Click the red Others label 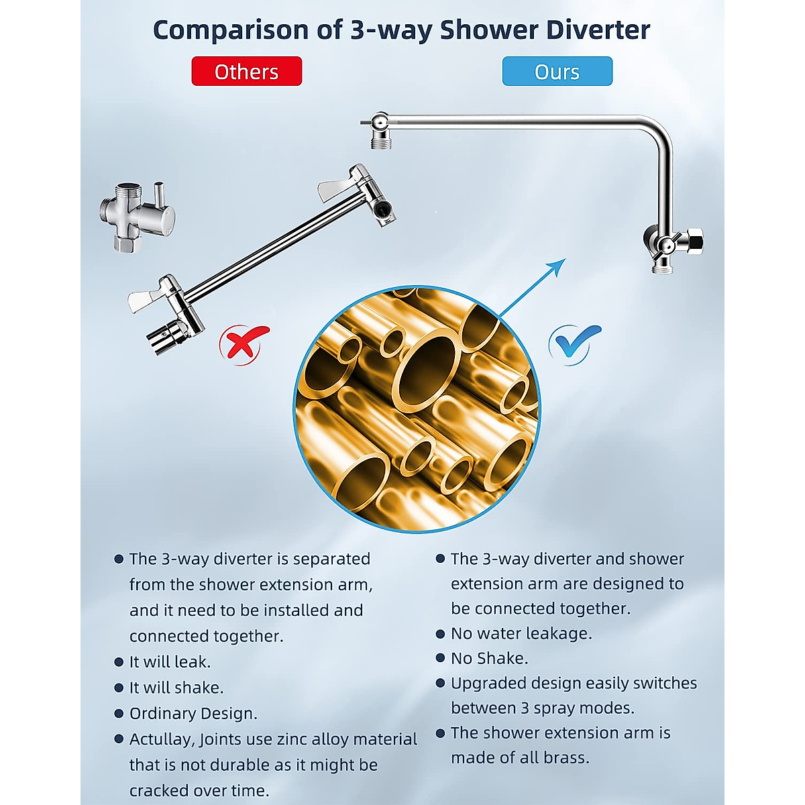[246, 71]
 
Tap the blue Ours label [557, 71]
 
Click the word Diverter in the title [598, 30]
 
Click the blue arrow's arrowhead [557, 267]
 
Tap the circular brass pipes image [417, 409]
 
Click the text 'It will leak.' [170, 662]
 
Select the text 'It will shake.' [176, 688]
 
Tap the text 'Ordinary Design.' [193, 713]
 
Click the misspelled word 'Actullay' [161, 739]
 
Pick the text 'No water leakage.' [521, 633]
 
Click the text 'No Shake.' [489, 658]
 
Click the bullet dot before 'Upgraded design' [441, 683]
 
